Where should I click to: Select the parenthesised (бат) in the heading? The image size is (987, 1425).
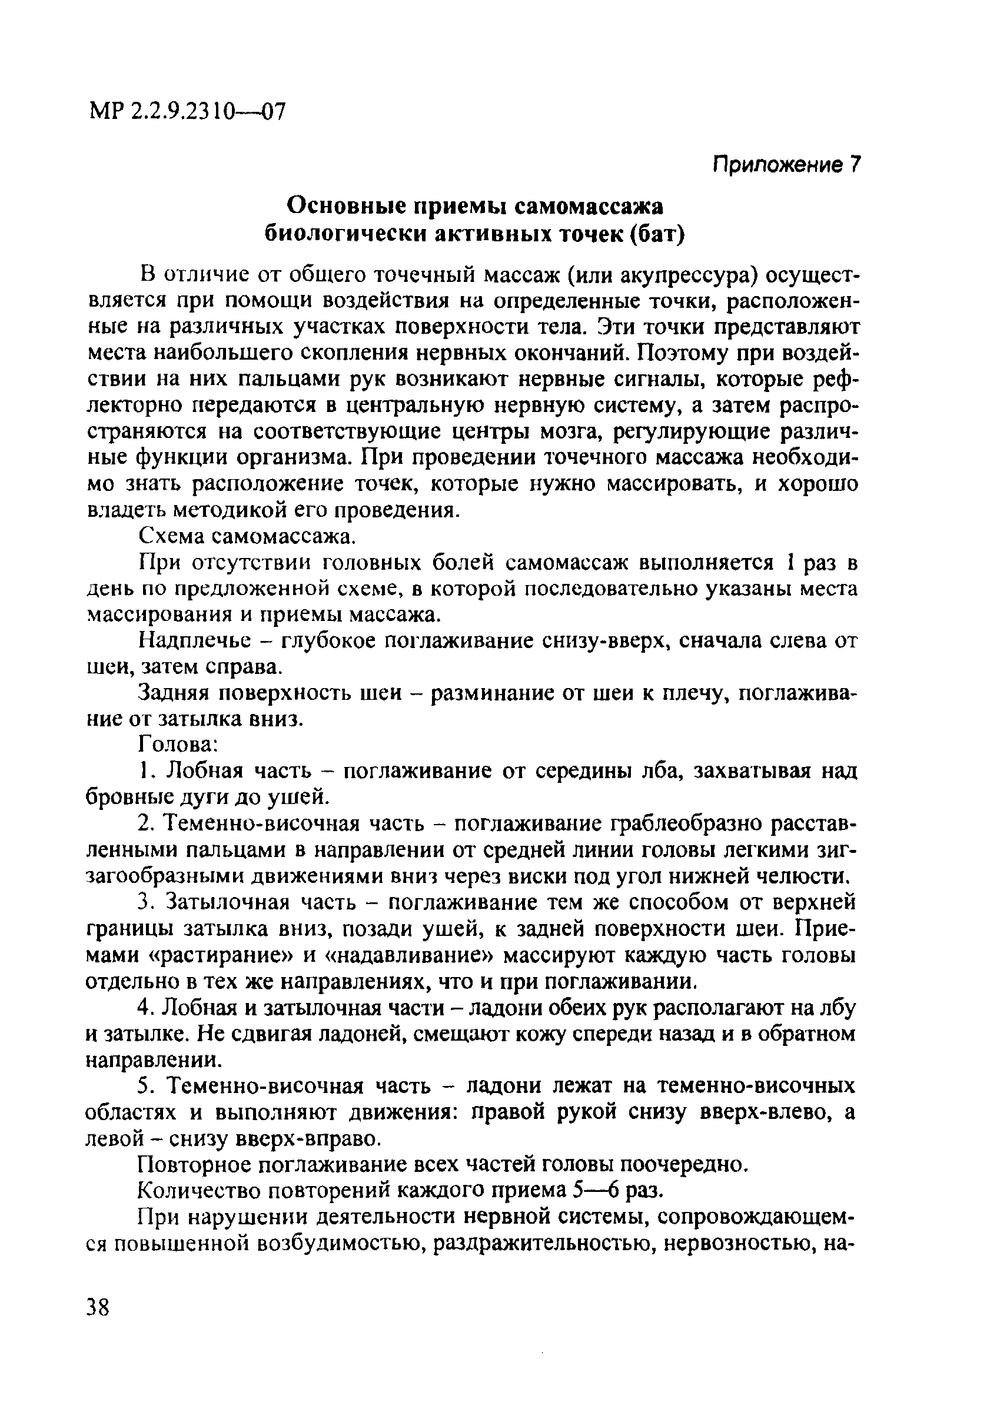657,234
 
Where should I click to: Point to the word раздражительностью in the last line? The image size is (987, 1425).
538,1243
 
